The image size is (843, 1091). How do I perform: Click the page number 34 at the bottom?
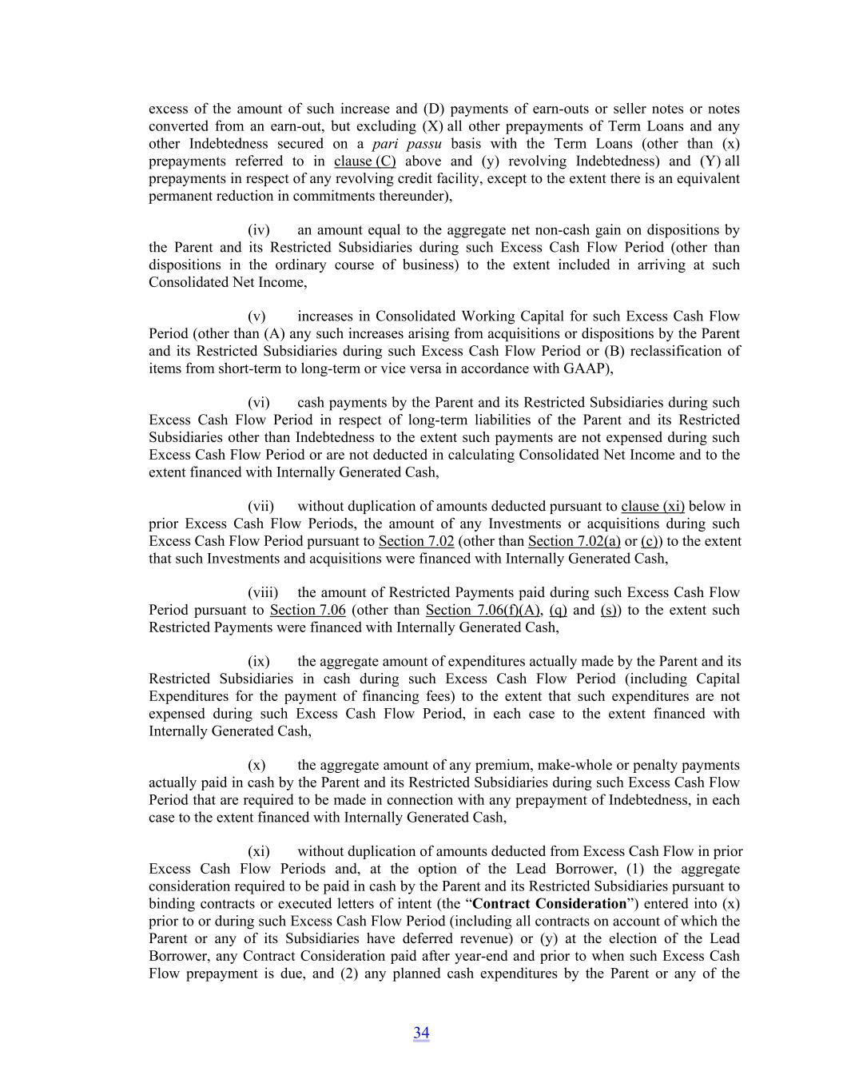click(421, 1033)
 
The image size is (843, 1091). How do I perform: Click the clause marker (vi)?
click(259, 403)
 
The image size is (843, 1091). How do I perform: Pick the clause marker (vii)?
click(261, 507)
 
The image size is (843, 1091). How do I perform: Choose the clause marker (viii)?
click(263, 593)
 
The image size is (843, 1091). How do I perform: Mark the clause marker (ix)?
click(259, 662)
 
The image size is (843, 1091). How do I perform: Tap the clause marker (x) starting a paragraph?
click(256, 766)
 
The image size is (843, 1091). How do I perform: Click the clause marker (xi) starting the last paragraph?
click(259, 852)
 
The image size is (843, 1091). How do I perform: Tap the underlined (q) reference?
click(558, 611)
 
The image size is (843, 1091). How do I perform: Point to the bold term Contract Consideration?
click(549, 904)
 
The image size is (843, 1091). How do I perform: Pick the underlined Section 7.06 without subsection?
click(308, 611)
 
